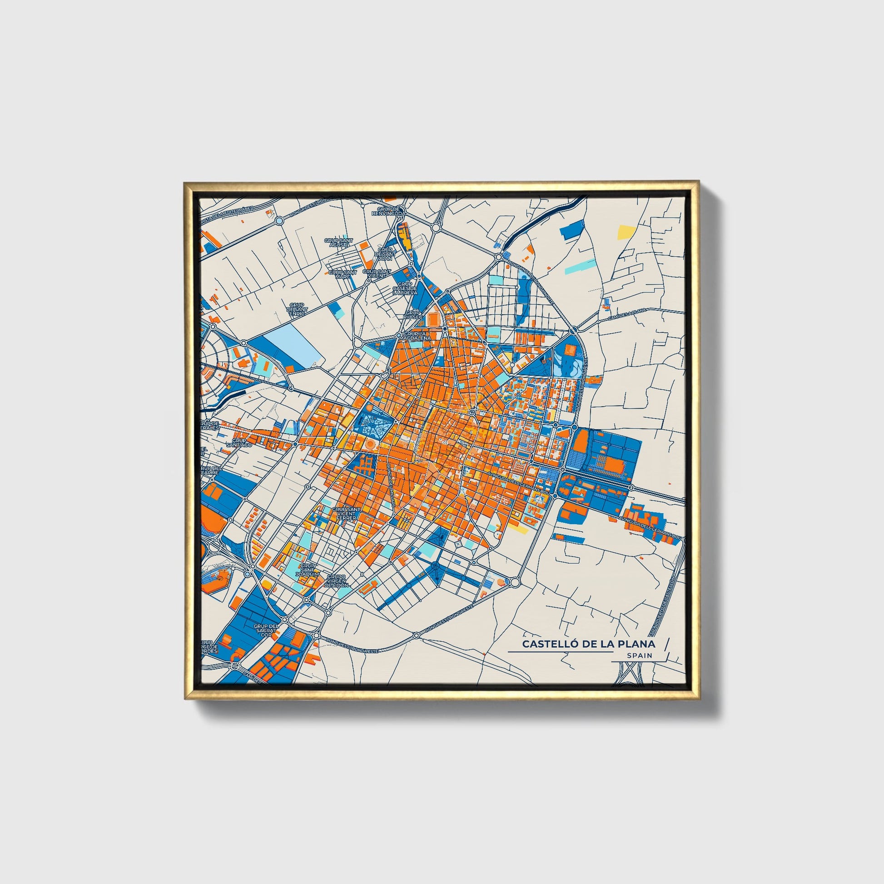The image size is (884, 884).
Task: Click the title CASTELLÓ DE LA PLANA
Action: (x=588, y=644)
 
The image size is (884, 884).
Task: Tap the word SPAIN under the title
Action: (x=640, y=656)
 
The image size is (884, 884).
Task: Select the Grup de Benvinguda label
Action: (x=388, y=210)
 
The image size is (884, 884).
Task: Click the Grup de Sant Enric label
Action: (x=297, y=309)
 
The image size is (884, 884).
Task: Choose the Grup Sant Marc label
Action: (x=342, y=274)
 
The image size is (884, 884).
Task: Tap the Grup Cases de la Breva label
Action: (x=405, y=288)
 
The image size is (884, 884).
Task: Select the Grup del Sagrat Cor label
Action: (x=266, y=630)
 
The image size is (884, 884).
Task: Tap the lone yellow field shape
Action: (x=625, y=232)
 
